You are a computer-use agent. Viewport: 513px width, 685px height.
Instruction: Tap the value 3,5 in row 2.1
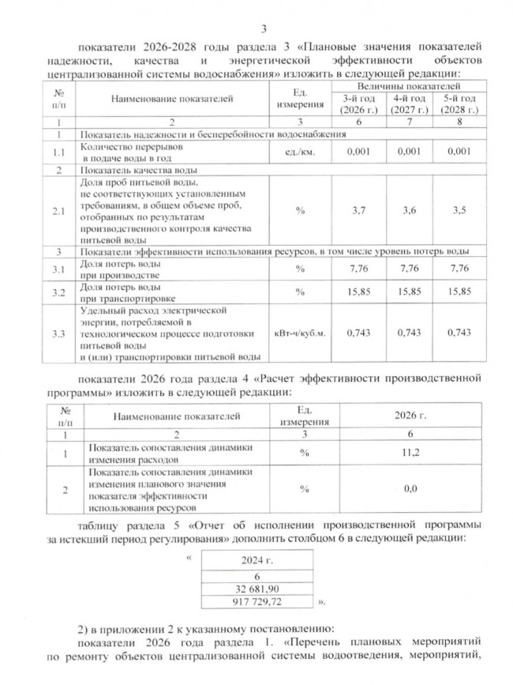coord(459,212)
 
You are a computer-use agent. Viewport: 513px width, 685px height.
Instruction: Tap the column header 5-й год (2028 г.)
coord(459,103)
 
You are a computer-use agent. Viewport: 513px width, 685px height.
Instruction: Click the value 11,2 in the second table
coord(410,453)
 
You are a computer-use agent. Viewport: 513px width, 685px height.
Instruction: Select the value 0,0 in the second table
coord(410,489)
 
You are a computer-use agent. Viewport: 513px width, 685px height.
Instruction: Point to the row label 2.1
coord(58,212)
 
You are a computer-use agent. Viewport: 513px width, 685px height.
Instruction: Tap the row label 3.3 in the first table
coord(58,333)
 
